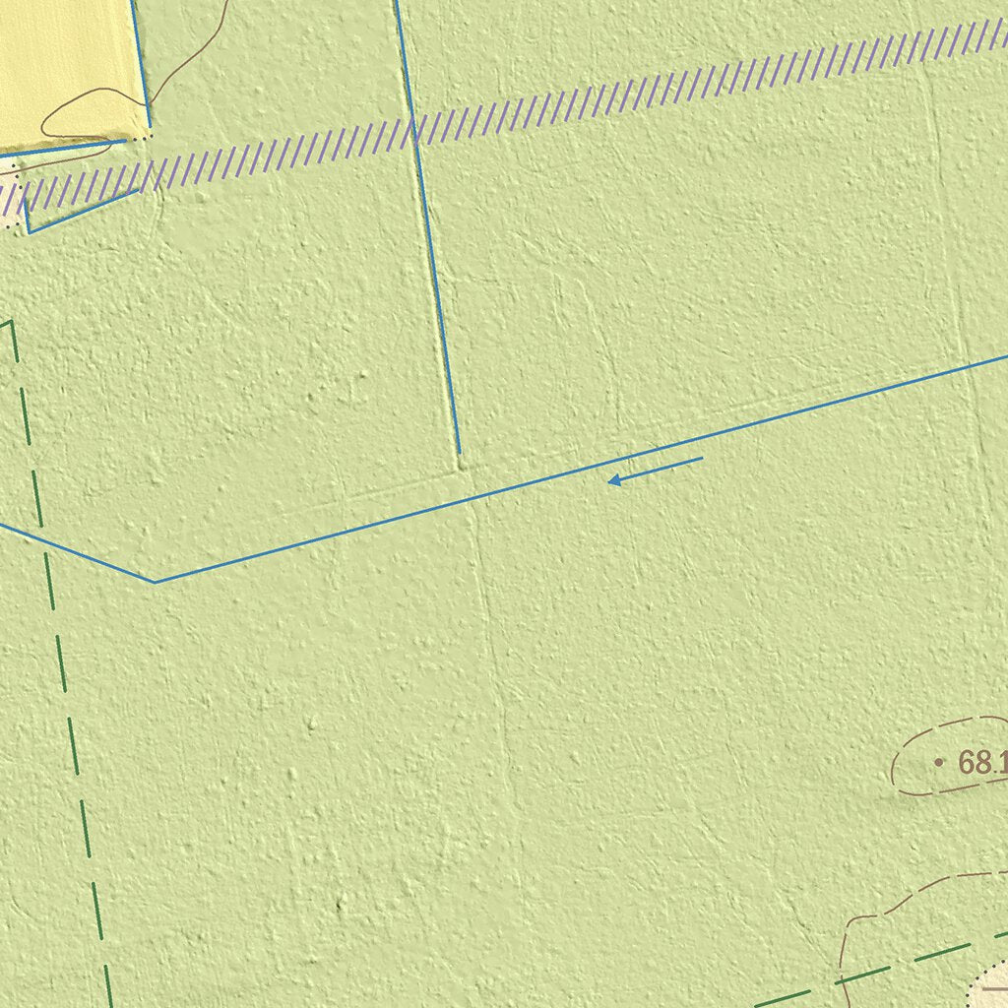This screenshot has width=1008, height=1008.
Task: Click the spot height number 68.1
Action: coord(980,763)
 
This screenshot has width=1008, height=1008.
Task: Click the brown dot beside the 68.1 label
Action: coord(938,762)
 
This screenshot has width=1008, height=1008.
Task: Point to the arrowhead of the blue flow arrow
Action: coord(610,480)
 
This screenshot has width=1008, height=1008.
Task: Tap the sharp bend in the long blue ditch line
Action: coord(155,582)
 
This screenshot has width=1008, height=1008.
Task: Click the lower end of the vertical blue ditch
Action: coord(459,453)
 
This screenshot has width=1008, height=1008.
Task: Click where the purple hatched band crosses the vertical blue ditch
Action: coord(414,131)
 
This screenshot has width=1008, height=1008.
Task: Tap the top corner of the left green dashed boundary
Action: coord(10,322)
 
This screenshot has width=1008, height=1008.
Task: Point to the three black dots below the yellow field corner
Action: coord(143,139)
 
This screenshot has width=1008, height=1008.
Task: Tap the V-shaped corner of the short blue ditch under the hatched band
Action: coord(30,231)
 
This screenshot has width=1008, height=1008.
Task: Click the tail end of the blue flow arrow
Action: coord(701,459)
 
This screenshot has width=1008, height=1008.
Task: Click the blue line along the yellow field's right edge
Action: coord(141,64)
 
